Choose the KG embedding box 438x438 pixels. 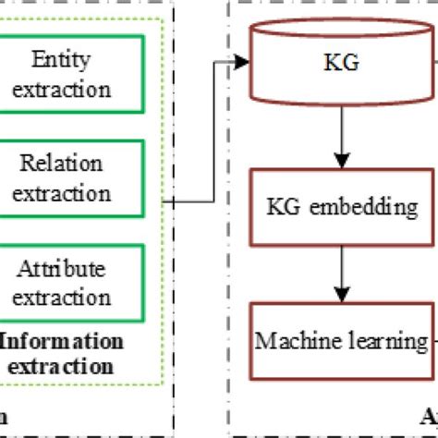(342, 207)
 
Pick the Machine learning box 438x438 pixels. (342, 341)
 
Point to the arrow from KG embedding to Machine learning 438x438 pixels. (342, 274)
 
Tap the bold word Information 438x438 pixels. (63, 341)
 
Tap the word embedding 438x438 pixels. (368, 207)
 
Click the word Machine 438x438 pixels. (294, 341)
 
